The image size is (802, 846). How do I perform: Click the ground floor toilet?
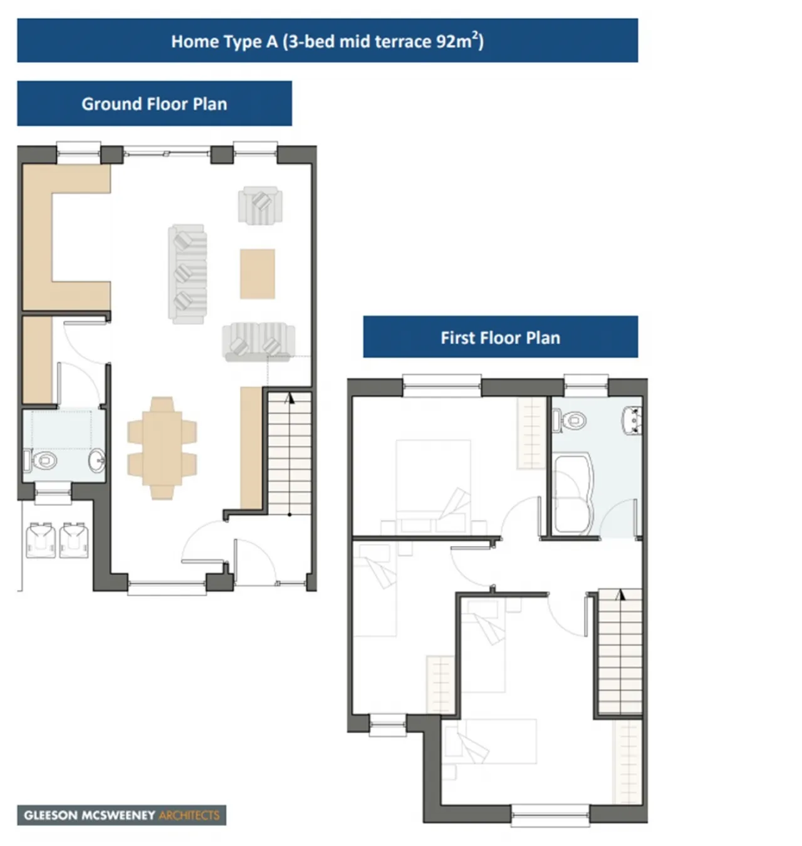click(x=41, y=460)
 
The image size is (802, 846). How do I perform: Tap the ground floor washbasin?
click(x=96, y=460)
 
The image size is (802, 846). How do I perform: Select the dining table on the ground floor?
click(x=162, y=448)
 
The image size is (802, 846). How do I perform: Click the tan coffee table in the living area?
click(x=257, y=274)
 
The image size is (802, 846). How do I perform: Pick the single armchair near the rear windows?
click(x=260, y=205)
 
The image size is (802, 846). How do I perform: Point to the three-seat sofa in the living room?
click(x=187, y=274)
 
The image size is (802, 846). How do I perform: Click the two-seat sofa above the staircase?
click(x=258, y=341)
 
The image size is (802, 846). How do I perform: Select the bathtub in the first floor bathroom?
click(x=573, y=495)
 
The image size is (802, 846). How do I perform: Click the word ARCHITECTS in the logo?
click(x=189, y=815)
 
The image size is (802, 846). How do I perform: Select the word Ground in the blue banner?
click(x=112, y=104)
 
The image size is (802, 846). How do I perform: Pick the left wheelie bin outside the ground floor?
click(x=41, y=540)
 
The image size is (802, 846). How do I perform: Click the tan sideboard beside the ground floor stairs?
click(x=251, y=448)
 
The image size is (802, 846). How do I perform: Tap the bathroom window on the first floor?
click(x=586, y=386)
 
